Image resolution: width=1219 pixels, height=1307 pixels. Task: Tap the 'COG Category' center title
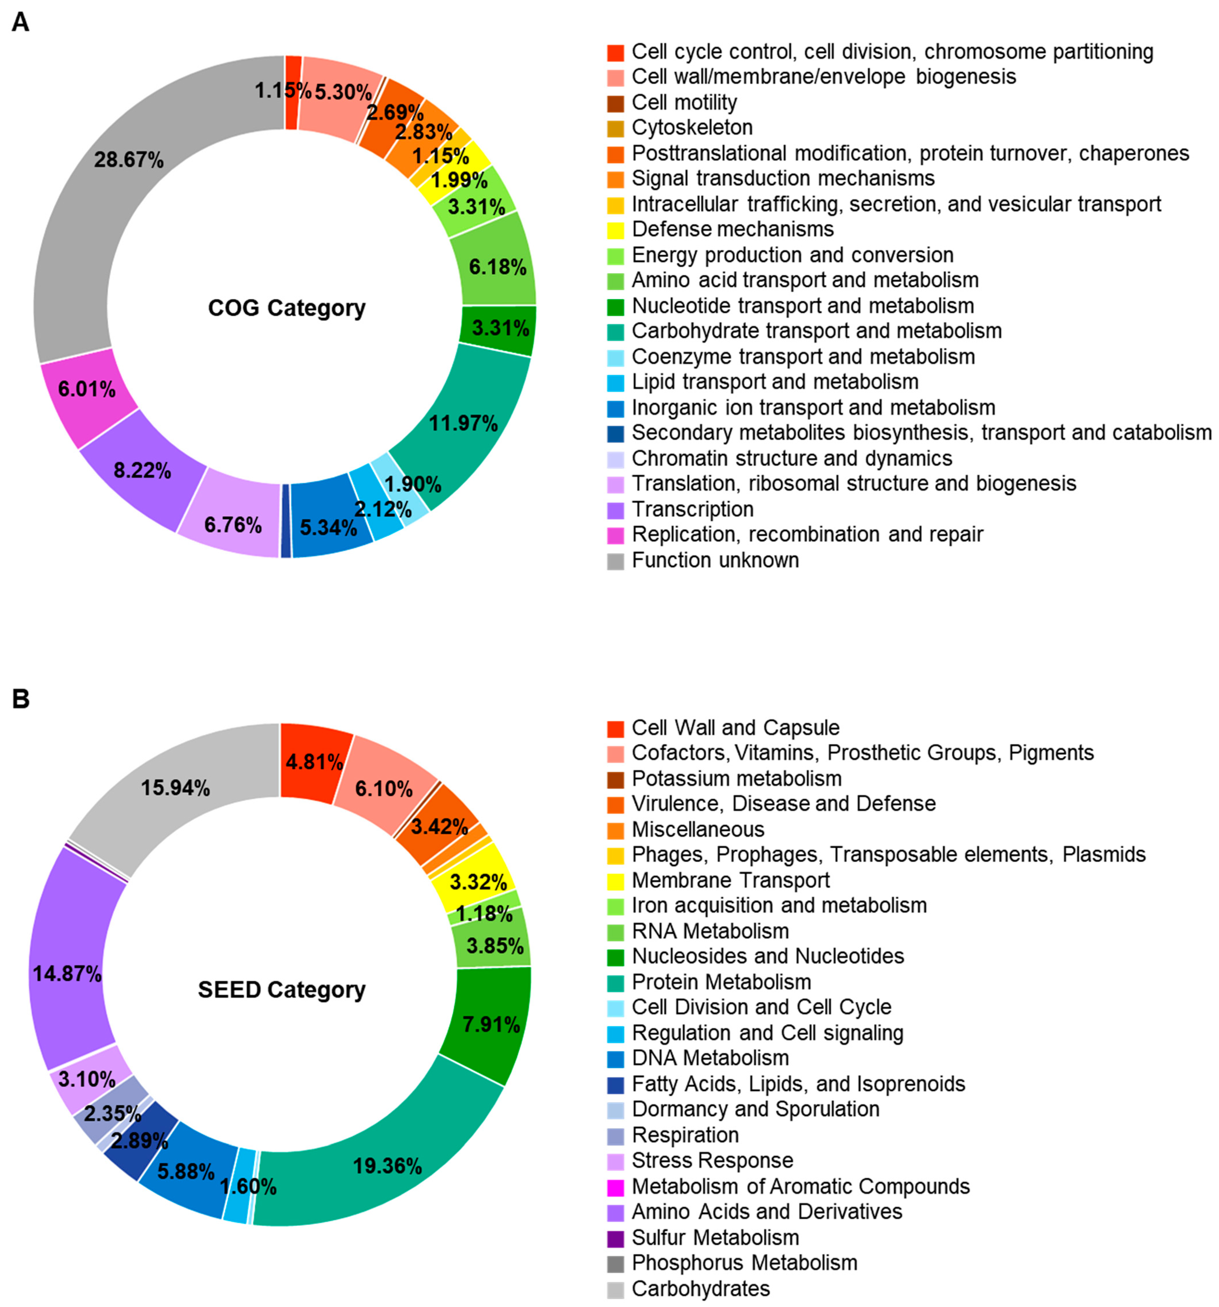[287, 308]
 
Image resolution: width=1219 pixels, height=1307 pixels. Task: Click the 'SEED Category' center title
[281, 990]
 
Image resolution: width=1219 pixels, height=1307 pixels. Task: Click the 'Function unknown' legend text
[715, 560]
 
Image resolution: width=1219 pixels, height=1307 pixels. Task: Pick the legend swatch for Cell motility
[616, 103]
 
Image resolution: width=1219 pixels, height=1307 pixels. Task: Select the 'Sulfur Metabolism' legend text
[715, 1237]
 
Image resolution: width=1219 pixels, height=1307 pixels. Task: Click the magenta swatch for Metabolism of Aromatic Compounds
[616, 1187]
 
